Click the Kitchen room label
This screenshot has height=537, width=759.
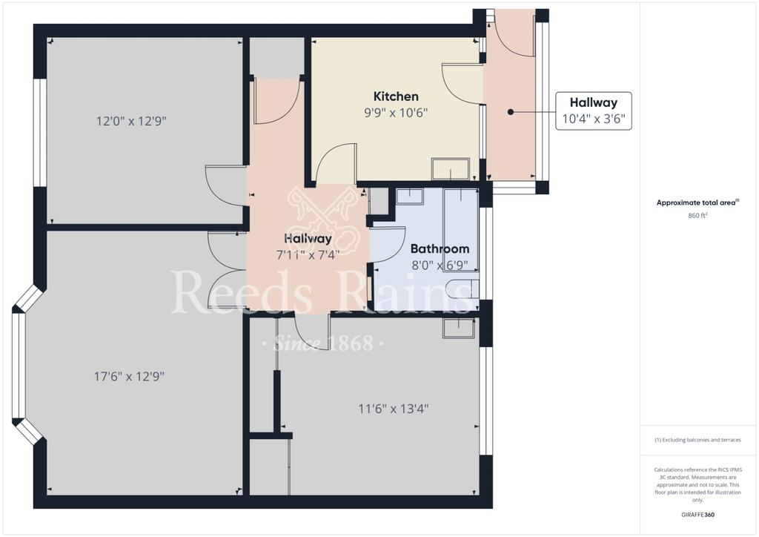pyautogui.click(x=396, y=96)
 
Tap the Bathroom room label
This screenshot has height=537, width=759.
pyautogui.click(x=440, y=248)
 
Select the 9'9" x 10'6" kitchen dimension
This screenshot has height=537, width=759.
pyautogui.click(x=396, y=113)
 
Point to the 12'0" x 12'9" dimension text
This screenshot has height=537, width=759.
pyautogui.click(x=131, y=121)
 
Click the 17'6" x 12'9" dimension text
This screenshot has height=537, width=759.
pyautogui.click(x=129, y=376)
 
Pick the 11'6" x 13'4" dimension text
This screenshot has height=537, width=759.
pyautogui.click(x=393, y=409)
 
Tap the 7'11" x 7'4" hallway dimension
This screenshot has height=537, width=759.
pyautogui.click(x=308, y=254)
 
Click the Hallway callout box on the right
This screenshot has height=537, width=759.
pyautogui.click(x=594, y=111)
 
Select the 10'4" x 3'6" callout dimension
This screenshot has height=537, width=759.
pyautogui.click(x=594, y=119)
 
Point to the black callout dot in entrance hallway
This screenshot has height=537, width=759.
pyautogui.click(x=510, y=112)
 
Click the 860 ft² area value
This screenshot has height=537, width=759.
pyautogui.click(x=697, y=216)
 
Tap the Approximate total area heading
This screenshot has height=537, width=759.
pyautogui.click(x=697, y=203)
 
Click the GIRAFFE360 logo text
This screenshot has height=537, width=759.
pyautogui.click(x=697, y=515)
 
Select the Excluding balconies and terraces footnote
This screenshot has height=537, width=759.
pyautogui.click(x=697, y=440)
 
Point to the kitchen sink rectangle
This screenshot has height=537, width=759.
pyautogui.click(x=451, y=169)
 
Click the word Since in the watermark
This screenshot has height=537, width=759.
pyautogui.click(x=296, y=343)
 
